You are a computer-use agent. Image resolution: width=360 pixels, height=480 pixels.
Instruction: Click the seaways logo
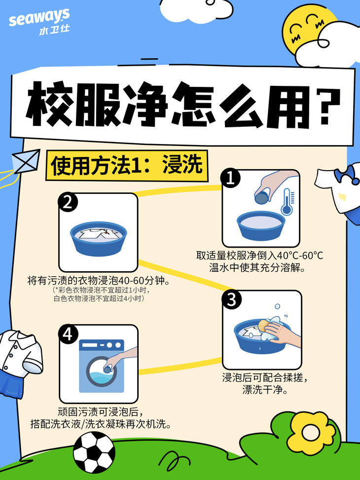point(39,22)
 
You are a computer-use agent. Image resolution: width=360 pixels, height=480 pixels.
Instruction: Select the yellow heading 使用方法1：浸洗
point(127,165)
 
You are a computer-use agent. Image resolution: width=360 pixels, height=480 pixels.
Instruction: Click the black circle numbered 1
point(230,178)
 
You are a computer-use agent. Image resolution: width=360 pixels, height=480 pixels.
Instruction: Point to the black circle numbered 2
point(68,202)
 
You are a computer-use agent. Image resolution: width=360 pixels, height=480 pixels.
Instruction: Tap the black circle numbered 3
point(232,299)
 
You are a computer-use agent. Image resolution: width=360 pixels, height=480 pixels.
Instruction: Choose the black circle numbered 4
point(68,334)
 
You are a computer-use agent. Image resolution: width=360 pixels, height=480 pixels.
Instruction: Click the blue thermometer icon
point(288,201)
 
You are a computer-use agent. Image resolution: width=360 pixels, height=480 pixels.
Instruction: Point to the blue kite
point(26,161)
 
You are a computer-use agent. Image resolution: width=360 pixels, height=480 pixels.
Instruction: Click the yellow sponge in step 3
point(264,325)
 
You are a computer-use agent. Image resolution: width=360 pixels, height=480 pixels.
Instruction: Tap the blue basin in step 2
point(98,238)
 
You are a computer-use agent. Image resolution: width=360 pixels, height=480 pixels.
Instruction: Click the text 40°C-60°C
point(300,256)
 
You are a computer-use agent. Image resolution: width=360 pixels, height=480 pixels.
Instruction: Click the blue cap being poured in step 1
point(261,198)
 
